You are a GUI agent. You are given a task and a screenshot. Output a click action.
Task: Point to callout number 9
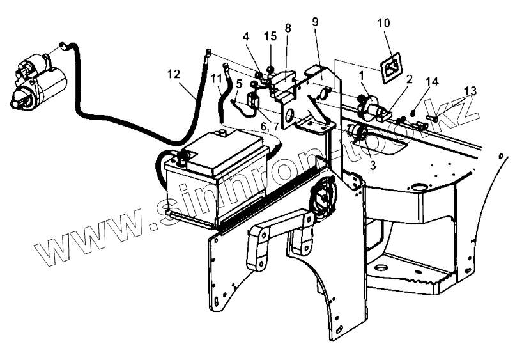[316, 21]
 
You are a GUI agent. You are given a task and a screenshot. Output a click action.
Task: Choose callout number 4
[246, 37]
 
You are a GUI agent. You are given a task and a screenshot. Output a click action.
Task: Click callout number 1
[362, 75]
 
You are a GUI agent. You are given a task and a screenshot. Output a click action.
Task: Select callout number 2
[410, 79]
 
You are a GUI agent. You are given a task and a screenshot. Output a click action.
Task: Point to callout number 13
[470, 91]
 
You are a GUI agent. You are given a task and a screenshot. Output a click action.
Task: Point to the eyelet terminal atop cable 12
[208, 51]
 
